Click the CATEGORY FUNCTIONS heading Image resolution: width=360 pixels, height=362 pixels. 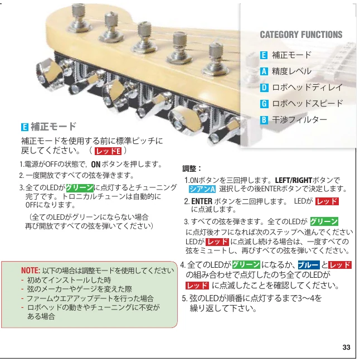(x=301, y=35)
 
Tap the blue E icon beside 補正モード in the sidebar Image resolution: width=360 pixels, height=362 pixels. (x=264, y=55)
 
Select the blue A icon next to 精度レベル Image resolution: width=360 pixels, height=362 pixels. (x=264, y=71)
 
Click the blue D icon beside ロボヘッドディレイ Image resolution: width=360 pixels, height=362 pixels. (x=264, y=88)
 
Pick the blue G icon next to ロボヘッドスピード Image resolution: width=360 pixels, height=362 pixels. (x=264, y=104)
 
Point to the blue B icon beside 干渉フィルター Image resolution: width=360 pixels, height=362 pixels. (x=264, y=120)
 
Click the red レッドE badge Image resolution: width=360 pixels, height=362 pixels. (x=108, y=151)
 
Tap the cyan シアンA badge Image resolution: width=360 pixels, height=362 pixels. (x=202, y=189)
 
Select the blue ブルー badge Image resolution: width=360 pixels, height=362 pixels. (x=309, y=265)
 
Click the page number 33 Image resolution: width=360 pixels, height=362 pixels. (x=346, y=347)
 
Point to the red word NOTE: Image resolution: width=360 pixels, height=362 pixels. (x=31, y=271)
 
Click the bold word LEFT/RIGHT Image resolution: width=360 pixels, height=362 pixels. (x=293, y=180)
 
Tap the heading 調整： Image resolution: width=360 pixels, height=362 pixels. (x=192, y=168)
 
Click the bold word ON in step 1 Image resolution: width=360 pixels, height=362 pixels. (x=96, y=165)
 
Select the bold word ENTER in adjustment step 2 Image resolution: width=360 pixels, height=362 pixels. (x=202, y=201)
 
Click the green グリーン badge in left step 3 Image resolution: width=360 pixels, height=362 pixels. (x=80, y=188)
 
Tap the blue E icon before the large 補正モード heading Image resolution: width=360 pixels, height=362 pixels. (x=25, y=127)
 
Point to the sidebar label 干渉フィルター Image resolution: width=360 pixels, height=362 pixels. (x=300, y=120)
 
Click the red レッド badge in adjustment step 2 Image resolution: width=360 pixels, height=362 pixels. (x=327, y=201)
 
